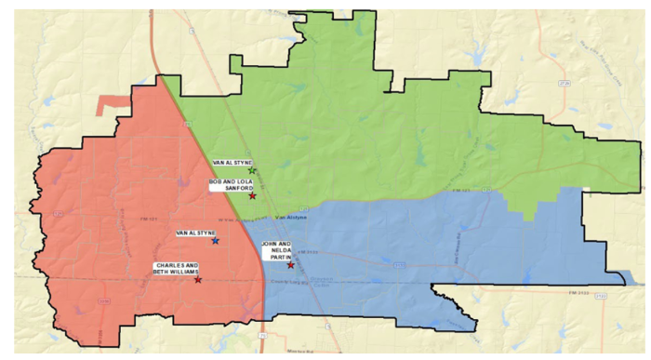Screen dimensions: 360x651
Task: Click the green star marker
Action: pos(252,170)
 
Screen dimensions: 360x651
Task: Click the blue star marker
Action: pos(216,241)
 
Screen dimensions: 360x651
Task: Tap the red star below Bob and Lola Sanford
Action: pos(253,195)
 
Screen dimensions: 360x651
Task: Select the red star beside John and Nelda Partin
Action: pos(291,265)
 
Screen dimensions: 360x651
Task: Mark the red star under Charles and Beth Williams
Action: pos(197,279)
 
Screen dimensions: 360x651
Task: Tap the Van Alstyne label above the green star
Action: pos(232,162)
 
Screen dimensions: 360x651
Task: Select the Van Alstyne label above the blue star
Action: pos(196,233)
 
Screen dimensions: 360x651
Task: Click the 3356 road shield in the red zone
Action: pos(104,301)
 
